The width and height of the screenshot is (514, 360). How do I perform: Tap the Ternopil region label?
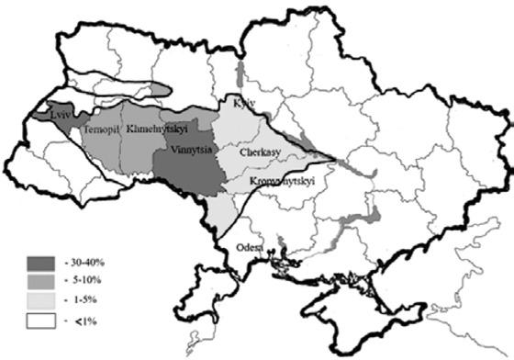[99, 131]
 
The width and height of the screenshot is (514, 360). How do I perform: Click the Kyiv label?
[246, 102]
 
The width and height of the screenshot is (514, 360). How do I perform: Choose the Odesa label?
[248, 247]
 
